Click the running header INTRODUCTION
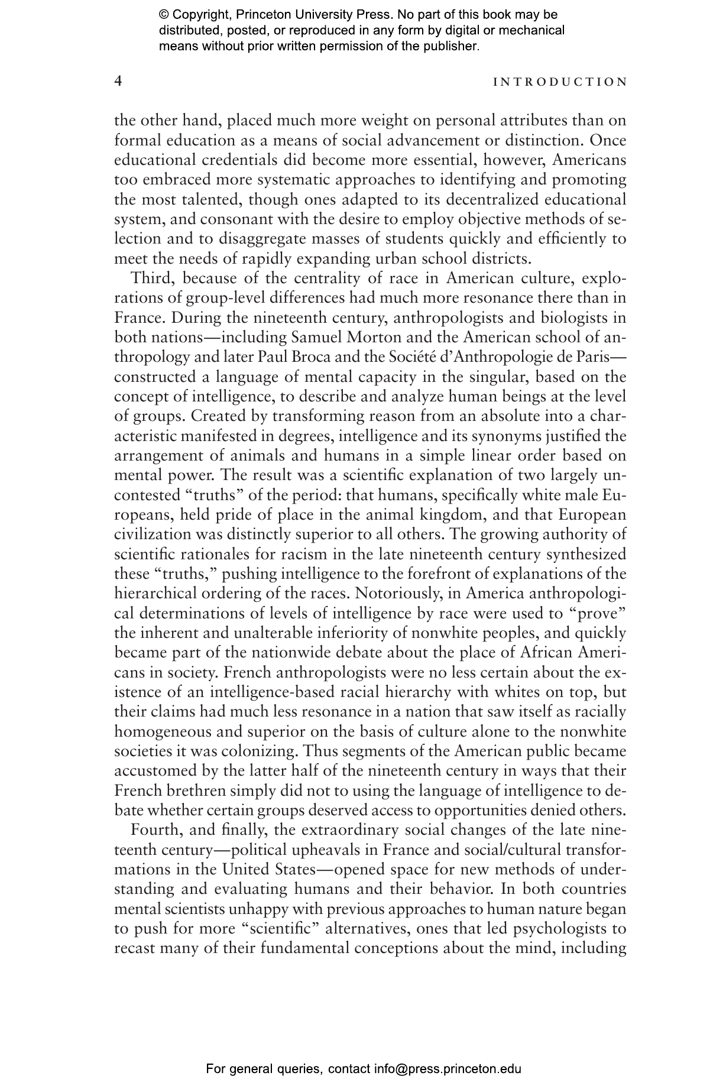click(560, 82)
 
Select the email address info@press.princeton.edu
click(447, 1068)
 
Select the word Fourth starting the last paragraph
click(155, 830)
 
